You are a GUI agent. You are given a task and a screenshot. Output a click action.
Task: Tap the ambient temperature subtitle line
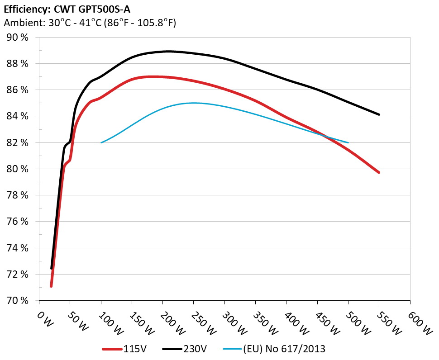coord(90,23)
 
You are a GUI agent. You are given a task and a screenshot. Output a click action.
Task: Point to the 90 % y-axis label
coord(18,37)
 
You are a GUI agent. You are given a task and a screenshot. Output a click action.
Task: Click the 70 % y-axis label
coord(18,300)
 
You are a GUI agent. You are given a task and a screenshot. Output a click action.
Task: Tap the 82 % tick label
coord(18,142)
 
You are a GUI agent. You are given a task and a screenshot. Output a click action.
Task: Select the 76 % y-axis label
coord(18,222)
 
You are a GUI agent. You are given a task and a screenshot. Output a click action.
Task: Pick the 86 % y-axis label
coord(18,90)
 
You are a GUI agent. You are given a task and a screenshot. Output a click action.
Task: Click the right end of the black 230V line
coord(379,114)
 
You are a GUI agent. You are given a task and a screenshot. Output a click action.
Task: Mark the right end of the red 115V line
coord(379,172)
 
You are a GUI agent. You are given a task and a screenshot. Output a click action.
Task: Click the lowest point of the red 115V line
coord(51,286)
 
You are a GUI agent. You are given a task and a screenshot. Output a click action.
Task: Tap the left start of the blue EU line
coord(101,142)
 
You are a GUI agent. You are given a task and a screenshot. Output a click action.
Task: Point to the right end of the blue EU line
coord(348,142)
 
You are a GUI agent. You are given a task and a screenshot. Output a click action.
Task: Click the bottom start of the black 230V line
coord(52,268)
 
